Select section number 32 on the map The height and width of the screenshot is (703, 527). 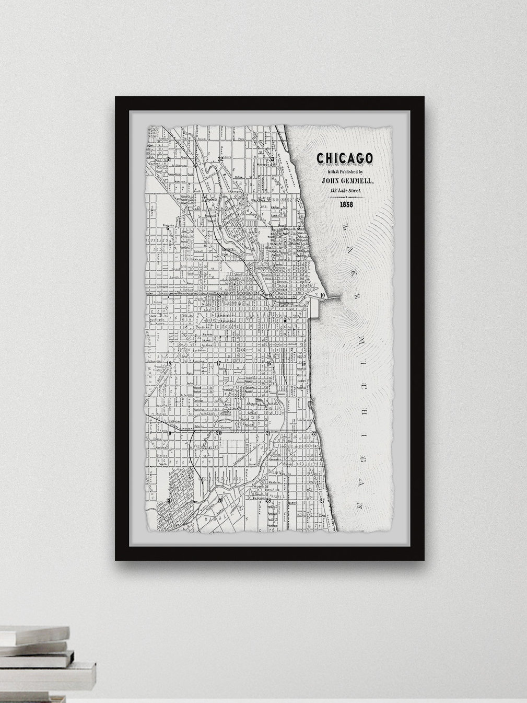(x=220, y=158)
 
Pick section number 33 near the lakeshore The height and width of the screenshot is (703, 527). (x=271, y=159)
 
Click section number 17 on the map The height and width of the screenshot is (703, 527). (x=219, y=364)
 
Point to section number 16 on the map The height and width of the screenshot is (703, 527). (x=268, y=364)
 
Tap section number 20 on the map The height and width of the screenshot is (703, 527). (x=219, y=433)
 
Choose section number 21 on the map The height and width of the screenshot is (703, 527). (x=268, y=433)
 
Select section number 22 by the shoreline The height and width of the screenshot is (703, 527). (x=313, y=433)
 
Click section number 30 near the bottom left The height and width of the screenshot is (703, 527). (x=169, y=500)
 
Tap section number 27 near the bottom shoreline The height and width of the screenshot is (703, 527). (x=322, y=500)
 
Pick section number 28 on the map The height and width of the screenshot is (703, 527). (x=268, y=500)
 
